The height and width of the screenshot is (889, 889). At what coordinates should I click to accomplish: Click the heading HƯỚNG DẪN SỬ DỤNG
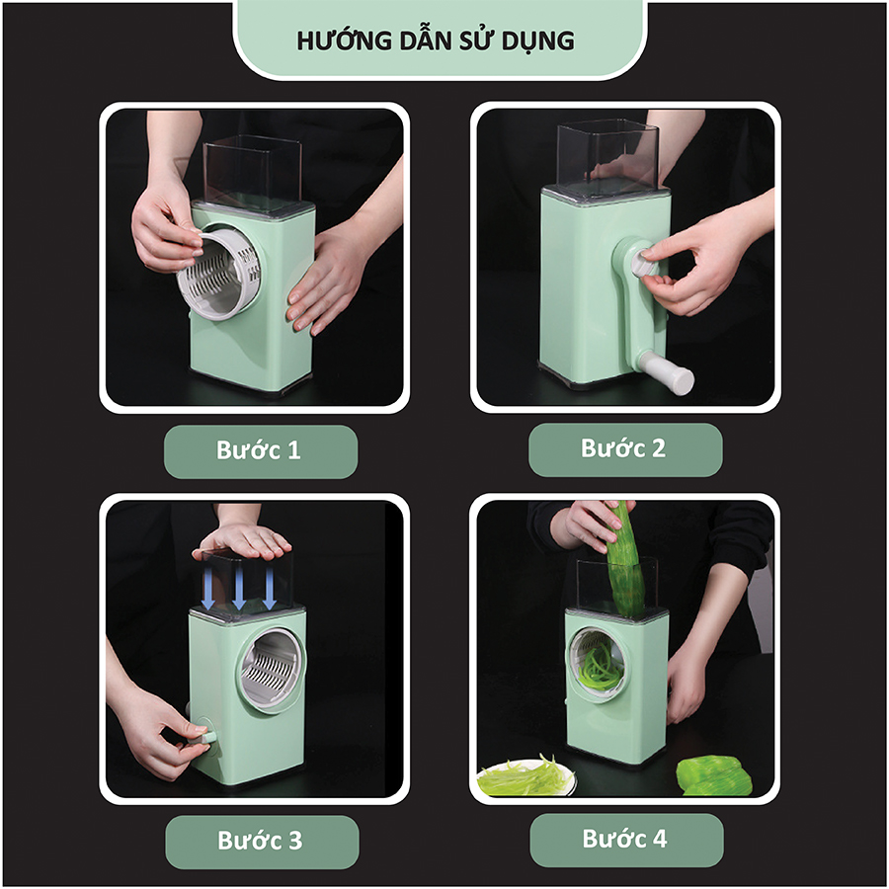436,40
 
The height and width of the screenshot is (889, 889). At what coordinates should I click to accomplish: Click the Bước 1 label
259,451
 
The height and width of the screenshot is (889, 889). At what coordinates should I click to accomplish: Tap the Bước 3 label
260,843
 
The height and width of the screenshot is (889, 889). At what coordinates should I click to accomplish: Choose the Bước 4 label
624,841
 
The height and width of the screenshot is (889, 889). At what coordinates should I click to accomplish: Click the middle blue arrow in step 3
238,589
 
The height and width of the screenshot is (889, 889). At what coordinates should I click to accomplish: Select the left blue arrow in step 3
207,589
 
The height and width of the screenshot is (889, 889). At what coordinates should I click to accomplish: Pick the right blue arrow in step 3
269,589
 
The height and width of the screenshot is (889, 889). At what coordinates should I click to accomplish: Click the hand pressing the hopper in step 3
243,539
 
